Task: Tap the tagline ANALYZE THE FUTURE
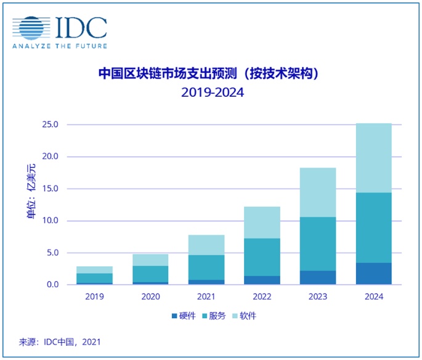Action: tap(59, 46)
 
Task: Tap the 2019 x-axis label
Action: tap(94, 297)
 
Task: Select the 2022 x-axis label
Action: tap(262, 297)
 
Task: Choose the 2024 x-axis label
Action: tap(373, 297)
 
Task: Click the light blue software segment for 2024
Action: tap(373, 158)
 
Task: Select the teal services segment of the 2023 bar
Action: tap(317, 243)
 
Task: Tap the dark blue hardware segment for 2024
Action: tap(373, 274)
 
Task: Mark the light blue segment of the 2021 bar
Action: tap(206, 245)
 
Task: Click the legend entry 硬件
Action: tap(184, 316)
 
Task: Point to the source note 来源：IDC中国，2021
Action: tap(60, 342)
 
